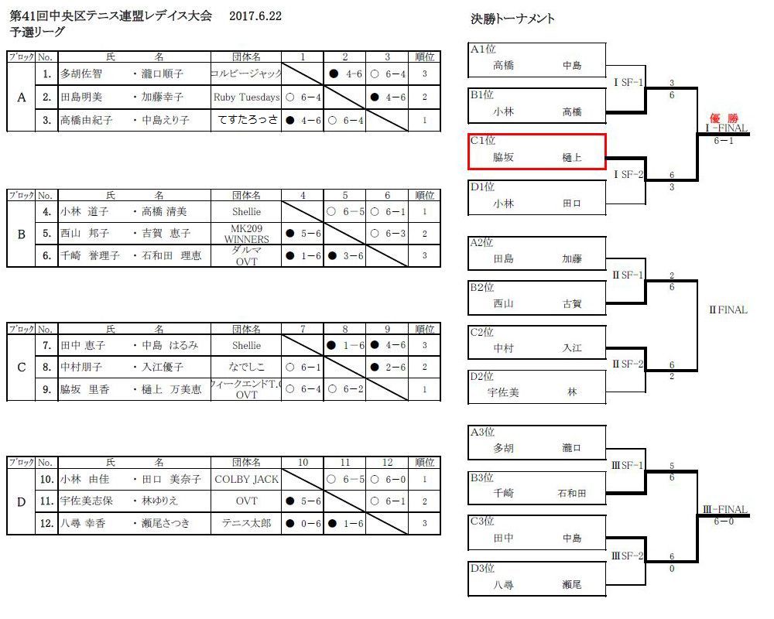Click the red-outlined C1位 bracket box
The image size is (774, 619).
537,151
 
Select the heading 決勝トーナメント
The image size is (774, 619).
512,19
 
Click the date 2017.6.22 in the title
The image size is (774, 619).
255,17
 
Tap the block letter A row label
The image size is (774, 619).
21,97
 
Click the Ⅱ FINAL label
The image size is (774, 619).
728,310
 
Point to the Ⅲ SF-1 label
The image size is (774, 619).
627,465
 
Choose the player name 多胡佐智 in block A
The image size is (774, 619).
81,75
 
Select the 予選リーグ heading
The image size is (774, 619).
37,32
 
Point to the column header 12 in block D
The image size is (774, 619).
388,462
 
